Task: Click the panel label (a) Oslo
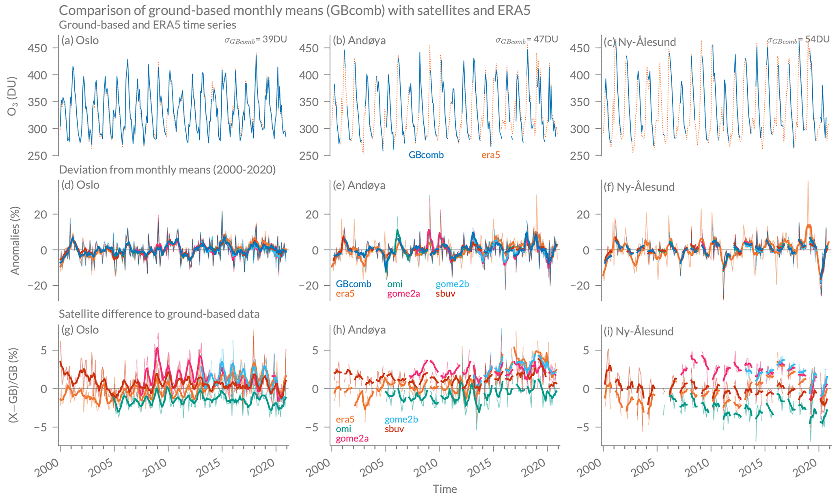coord(80,41)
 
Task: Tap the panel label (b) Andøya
coord(359,41)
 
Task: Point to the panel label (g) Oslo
coord(80,330)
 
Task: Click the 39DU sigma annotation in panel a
coord(256,39)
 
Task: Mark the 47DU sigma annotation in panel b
coord(526,39)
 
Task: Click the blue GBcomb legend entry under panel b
coord(426,155)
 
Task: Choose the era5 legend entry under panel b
coord(490,155)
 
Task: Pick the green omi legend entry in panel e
coord(395,285)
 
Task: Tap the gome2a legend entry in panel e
coord(403,294)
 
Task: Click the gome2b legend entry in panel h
coord(401,419)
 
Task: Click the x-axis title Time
coord(444,489)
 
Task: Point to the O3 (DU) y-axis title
coord(13,96)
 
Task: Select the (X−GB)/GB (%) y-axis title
coord(13,385)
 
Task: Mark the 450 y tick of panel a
coord(37,48)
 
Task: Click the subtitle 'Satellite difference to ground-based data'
coord(159,314)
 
